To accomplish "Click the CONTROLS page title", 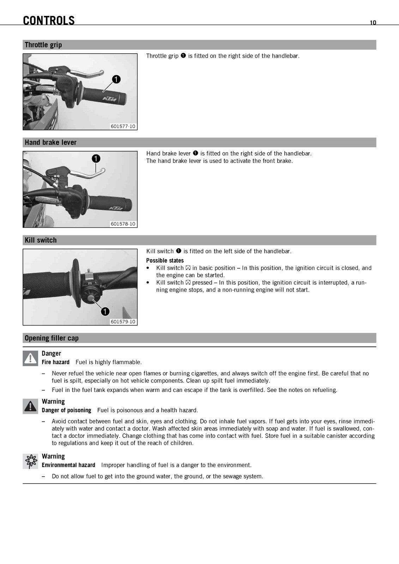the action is point(49,20).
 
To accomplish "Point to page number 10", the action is point(373,23).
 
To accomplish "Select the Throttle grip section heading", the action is point(43,45).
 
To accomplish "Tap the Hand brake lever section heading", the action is point(50,142).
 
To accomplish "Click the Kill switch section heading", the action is point(41,240).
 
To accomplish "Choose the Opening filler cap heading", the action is point(52,338).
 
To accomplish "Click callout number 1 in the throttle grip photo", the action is point(116,79).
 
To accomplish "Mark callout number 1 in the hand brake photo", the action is point(96,159).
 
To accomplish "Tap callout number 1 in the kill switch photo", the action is point(105,312).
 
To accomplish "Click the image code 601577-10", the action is point(123,127).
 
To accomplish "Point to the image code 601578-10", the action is point(123,224).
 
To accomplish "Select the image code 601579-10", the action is point(123,322).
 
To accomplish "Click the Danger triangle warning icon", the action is point(30,358).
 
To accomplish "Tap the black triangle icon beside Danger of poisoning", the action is point(30,406).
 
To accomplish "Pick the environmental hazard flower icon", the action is point(30,461).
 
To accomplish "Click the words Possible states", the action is point(165,260).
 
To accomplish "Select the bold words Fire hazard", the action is point(55,362).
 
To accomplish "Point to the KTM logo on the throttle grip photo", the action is point(110,99).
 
